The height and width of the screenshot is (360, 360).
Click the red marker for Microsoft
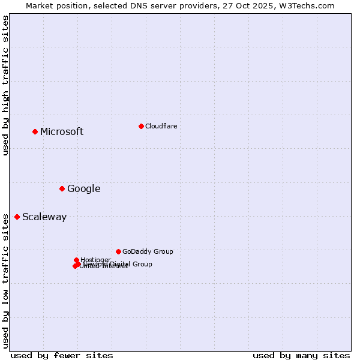(x=35, y=131)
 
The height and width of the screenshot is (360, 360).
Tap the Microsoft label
(x=62, y=132)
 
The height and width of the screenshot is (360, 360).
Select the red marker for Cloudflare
(x=141, y=126)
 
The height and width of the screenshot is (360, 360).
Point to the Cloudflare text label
(x=161, y=126)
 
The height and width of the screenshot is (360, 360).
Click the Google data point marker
(x=62, y=188)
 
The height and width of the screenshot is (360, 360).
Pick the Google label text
(x=83, y=189)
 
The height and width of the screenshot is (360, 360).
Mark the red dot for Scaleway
(x=17, y=217)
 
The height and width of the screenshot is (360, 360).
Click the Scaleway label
(x=44, y=217)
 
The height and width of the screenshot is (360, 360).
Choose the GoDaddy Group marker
(x=118, y=251)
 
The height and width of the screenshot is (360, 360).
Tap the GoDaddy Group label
(x=148, y=252)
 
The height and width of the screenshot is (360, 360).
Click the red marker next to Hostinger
(x=77, y=260)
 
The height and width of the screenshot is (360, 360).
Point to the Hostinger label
(x=95, y=260)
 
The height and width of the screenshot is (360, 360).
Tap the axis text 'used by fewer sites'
(x=62, y=355)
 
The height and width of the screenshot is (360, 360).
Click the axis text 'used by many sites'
(x=301, y=355)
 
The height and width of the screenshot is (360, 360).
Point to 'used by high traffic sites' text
(x=5, y=86)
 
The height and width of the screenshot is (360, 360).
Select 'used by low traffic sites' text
(x=5, y=281)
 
